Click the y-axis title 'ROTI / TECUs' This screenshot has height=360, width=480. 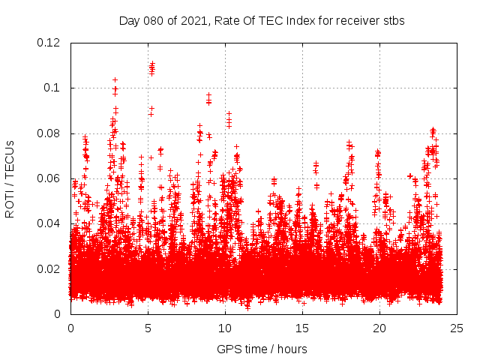[10, 178]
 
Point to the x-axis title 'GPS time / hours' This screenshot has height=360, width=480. [262, 349]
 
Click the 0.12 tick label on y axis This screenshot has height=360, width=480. [50, 43]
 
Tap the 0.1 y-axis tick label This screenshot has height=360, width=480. [53, 88]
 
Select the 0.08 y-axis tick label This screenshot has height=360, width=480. [50, 133]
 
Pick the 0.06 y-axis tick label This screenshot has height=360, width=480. [50, 178]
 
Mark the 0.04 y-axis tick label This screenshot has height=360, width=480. [50, 223]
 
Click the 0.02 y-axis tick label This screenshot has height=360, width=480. [50, 268]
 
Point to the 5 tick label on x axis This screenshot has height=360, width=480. [148, 328]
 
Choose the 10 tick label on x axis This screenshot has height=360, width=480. [225, 328]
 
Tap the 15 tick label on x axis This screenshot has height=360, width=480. [302, 328]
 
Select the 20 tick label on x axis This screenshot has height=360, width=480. [379, 328]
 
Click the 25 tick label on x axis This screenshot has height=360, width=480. [457, 328]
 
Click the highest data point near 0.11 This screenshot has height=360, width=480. [152, 64]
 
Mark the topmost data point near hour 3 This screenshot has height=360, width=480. [115, 79]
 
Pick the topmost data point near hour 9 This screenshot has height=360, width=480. [208, 95]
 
